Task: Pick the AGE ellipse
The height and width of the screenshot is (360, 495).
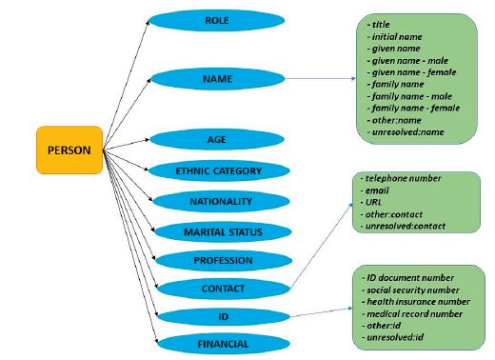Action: click(216, 139)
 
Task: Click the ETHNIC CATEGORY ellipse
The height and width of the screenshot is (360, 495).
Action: click(216, 171)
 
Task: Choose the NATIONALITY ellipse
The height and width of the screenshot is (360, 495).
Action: click(216, 202)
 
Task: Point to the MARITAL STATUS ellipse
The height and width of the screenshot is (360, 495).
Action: click(216, 231)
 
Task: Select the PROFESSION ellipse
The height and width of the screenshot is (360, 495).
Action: click(216, 260)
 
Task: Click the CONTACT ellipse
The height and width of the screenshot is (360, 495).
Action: click(216, 288)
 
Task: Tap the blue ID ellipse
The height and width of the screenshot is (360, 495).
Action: click(216, 315)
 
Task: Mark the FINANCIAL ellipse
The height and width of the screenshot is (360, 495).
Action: click(216, 343)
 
